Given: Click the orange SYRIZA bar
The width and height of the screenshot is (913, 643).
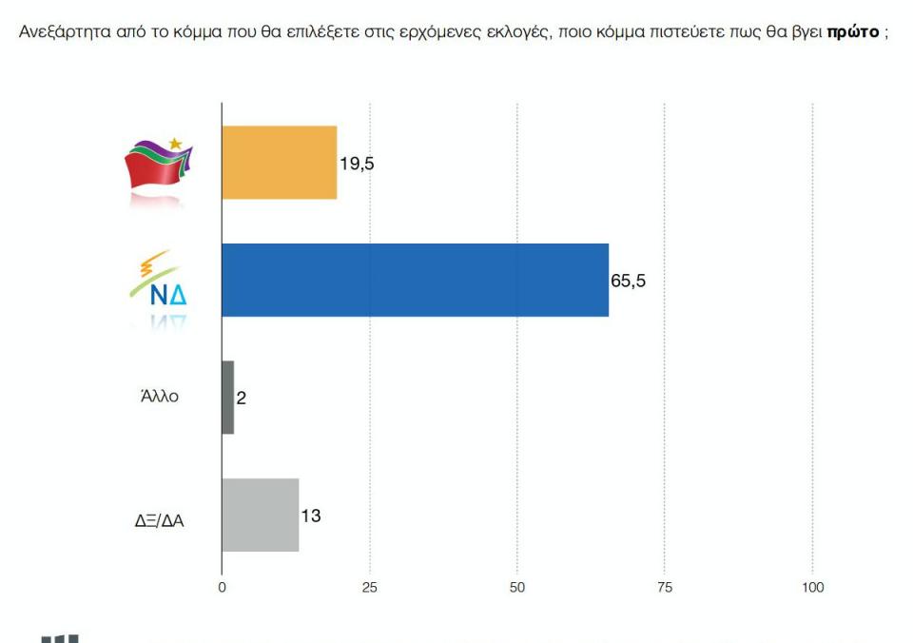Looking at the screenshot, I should (279, 163).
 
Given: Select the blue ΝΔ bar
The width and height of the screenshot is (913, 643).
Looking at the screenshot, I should (415, 280).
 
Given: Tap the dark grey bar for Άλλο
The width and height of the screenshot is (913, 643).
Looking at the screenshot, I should (227, 398).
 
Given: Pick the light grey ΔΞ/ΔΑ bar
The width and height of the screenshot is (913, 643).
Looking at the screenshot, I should (260, 515).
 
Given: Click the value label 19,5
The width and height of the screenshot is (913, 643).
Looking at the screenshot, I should (357, 163).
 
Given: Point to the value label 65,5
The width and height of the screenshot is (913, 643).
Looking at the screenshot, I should (628, 281).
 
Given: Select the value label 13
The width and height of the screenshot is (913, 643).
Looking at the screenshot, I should (310, 516).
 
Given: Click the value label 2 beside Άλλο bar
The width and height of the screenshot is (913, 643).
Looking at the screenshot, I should (242, 399).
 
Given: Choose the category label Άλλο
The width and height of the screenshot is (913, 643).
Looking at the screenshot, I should (159, 398).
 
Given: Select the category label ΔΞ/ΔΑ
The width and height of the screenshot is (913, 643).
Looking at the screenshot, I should (159, 520).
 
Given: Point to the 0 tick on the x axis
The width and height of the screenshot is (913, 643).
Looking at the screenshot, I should (222, 588).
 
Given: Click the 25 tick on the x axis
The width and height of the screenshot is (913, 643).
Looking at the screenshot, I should (370, 588).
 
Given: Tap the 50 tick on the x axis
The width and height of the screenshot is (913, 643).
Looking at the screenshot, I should (517, 588).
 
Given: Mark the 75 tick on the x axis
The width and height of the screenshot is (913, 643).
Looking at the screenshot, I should (665, 588).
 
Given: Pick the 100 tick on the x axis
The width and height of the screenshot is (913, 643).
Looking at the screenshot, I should (812, 588).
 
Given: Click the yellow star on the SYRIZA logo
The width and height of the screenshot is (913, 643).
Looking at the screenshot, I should (175, 142).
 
